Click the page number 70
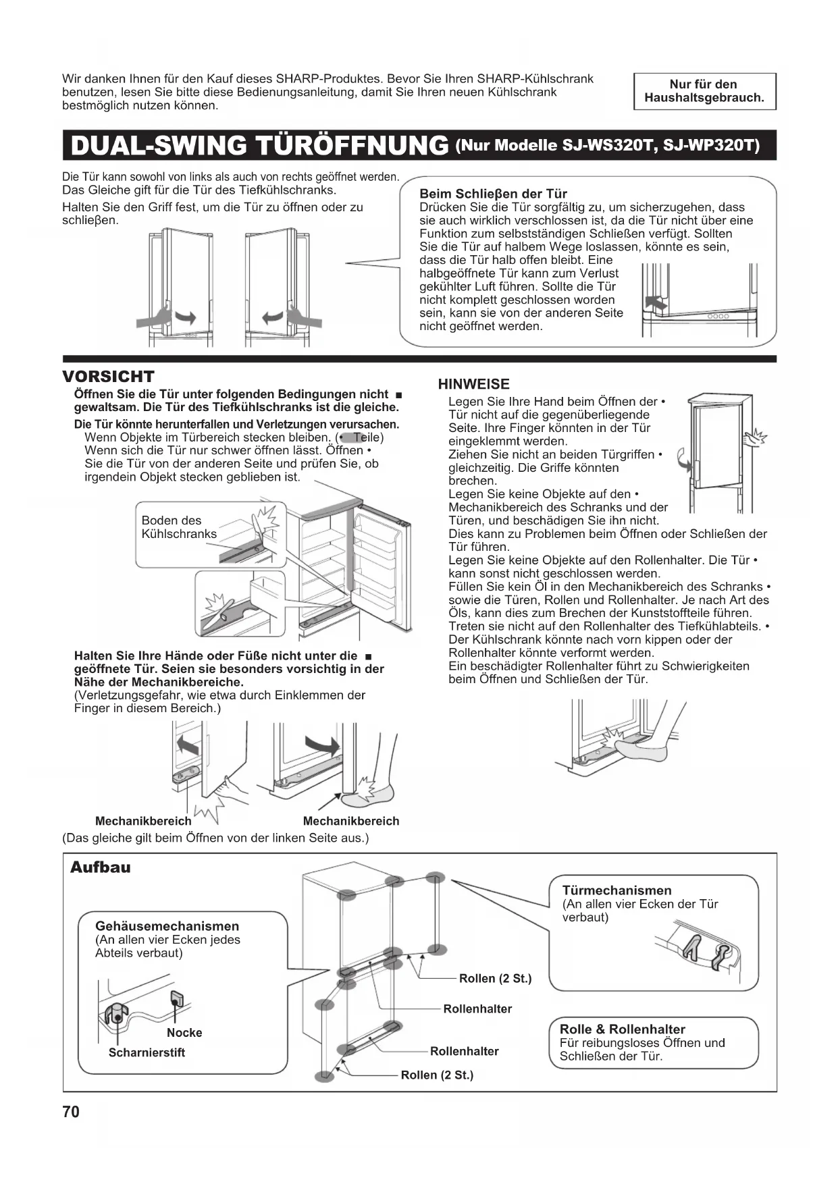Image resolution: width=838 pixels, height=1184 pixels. tap(71, 1112)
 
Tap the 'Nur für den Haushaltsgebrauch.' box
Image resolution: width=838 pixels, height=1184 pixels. tap(704, 91)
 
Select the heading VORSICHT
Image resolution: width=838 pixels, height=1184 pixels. tap(108, 377)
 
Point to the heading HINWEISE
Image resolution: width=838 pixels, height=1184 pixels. tap(473, 384)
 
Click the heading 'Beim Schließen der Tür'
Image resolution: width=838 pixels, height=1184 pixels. tap(493, 194)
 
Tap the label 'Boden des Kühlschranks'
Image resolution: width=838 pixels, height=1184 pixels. tap(179, 527)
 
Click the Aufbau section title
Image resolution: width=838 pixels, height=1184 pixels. tap(101, 867)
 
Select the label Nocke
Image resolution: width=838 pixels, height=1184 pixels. tap(184, 1033)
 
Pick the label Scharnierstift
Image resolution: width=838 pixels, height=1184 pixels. tap(147, 1052)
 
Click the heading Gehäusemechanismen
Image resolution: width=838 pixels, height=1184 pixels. tap(167, 926)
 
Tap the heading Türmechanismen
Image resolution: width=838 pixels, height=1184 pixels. tap(617, 890)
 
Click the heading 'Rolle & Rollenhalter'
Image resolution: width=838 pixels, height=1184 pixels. tap(622, 1029)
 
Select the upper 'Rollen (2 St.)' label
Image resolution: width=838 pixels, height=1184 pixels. tap(495, 979)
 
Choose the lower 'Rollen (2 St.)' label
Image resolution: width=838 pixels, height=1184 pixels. tap(437, 1075)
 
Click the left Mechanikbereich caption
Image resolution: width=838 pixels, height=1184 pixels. tap(143, 822)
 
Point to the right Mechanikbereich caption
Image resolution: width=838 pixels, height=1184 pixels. tap(351, 822)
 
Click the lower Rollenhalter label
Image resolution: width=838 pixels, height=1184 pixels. tap(464, 1051)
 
